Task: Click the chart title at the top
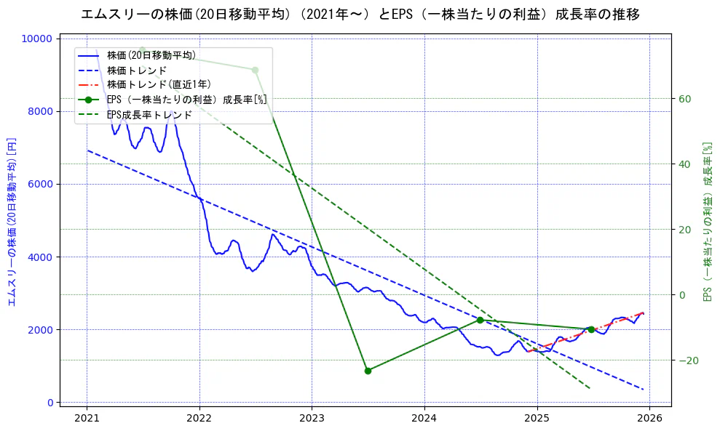point(360,15)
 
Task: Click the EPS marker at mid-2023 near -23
point(368,371)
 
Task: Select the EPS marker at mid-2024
point(480,321)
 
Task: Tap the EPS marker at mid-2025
point(591,329)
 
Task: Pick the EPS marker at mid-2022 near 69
point(255,70)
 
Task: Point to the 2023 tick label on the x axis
point(312,418)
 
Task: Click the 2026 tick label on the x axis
point(649,418)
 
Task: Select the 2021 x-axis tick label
point(87,418)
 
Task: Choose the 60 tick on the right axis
point(684,99)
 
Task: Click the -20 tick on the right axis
point(687,360)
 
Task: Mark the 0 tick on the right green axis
point(682,295)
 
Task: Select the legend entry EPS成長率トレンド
point(149,115)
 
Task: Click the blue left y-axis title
point(12,221)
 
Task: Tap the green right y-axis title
point(706,221)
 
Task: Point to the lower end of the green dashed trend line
point(589,388)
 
